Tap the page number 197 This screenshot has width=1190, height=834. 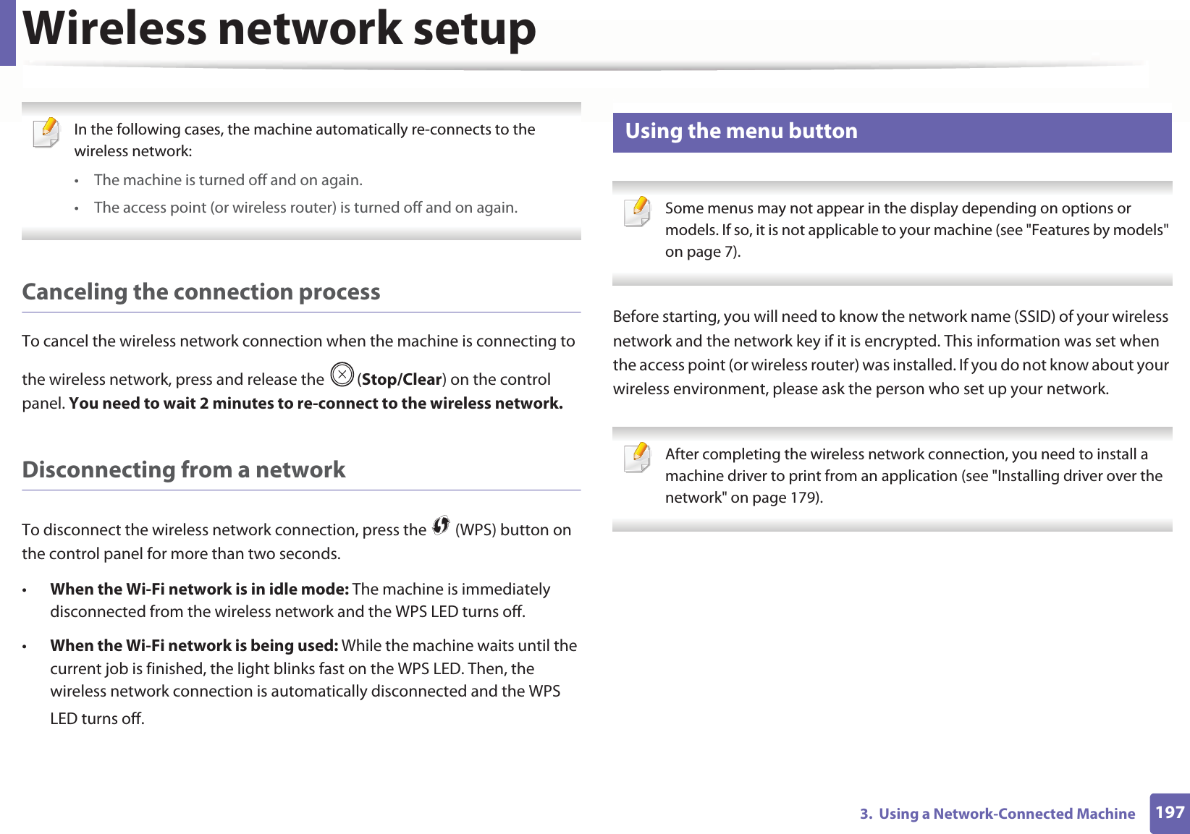(x=1169, y=812)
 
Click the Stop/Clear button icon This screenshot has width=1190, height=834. (x=342, y=375)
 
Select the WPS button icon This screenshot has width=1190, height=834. (x=441, y=526)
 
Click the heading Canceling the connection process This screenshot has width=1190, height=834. (x=201, y=292)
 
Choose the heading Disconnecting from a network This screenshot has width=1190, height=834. (x=184, y=469)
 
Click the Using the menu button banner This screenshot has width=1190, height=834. (x=891, y=132)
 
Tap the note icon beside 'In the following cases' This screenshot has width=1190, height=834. (x=47, y=133)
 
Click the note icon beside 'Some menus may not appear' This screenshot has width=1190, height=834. (x=638, y=212)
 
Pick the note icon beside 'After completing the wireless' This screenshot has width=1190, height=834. (x=638, y=458)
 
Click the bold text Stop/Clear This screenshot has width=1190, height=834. (x=402, y=380)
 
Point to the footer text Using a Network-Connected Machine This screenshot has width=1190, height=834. (x=1006, y=814)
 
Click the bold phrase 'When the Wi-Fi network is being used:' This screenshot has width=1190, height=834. (x=194, y=645)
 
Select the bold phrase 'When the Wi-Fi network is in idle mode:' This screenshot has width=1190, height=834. (x=199, y=589)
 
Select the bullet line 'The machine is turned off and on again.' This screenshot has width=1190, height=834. (x=228, y=180)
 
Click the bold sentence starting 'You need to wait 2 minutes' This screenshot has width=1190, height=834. (x=316, y=404)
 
